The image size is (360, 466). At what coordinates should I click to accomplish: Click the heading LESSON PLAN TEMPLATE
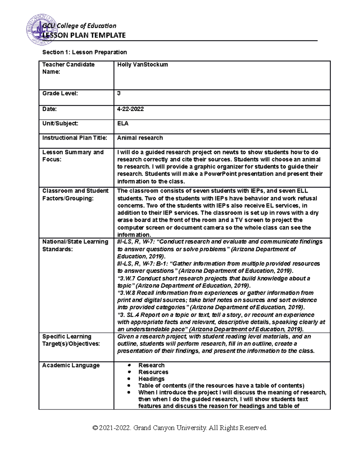coord(84,35)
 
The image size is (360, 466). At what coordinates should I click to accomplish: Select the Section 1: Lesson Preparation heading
coord(84,52)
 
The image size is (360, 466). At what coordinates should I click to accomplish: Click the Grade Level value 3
coord(119,93)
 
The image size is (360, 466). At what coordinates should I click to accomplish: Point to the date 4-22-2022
coord(130,109)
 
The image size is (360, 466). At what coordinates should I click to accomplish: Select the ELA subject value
coord(123,123)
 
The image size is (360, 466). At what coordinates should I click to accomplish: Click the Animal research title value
coord(140,138)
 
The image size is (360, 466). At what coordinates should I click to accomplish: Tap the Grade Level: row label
coord(60,93)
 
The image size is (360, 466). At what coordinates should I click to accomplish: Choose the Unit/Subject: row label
coord(60,123)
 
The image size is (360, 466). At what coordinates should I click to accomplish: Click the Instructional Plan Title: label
coord(74,138)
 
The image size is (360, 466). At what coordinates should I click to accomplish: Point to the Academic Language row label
coord(71,365)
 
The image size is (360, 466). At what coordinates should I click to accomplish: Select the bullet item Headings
coord(151,379)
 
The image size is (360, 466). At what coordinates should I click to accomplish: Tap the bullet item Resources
coord(153,372)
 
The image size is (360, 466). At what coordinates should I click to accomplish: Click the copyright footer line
coord(180,428)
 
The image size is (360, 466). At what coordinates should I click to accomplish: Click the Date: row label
coord(49,109)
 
